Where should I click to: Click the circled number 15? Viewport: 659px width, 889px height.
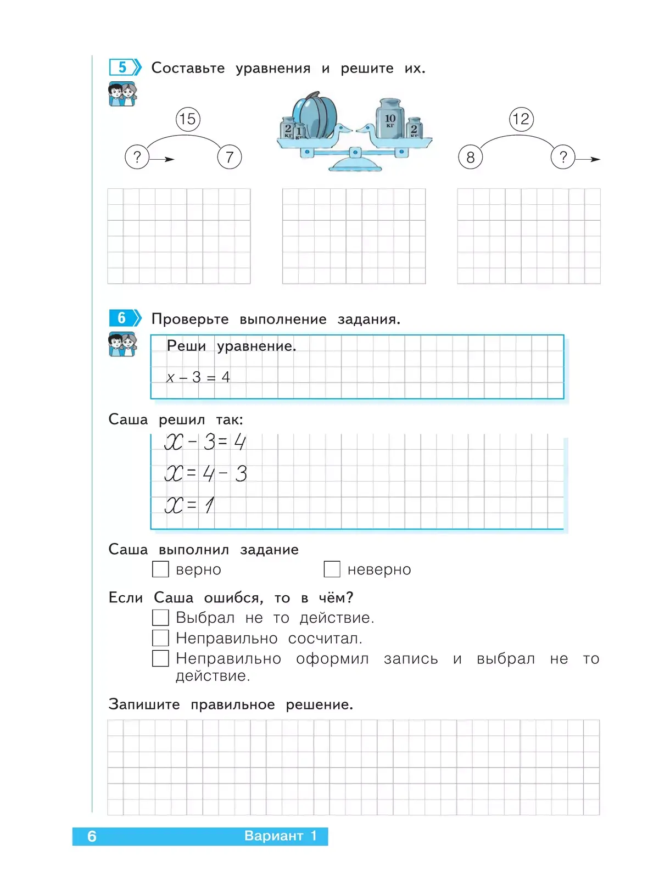188,119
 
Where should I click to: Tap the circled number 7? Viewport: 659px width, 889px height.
230,158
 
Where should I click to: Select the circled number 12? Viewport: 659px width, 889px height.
521,119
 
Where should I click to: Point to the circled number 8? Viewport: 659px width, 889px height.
470,158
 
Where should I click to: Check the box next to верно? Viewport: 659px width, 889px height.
160,569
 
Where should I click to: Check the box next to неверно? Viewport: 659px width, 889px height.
332,569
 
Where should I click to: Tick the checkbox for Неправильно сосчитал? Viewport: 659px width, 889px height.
160,638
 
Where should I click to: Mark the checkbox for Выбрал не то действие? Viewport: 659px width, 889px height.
160,618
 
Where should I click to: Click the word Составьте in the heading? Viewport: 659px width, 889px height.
188,68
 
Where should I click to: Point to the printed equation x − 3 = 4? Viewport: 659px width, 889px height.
198,377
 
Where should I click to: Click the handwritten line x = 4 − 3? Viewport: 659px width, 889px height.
206,473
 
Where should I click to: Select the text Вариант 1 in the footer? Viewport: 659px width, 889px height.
280,836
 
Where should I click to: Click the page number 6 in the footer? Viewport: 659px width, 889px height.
92,836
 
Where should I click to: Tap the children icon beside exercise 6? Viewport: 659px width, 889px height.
122,345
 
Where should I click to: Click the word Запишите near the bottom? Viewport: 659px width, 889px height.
144,705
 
